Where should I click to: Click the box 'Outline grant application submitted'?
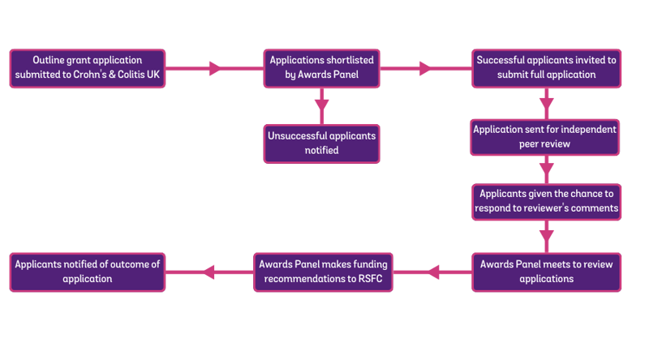[x=88, y=68]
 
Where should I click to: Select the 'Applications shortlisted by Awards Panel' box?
[x=322, y=68]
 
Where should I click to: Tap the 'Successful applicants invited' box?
[x=547, y=68]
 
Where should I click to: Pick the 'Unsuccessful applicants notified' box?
[x=322, y=143]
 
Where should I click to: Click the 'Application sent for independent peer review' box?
[x=546, y=137]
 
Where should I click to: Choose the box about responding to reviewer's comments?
[x=546, y=201]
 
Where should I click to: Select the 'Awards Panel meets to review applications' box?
[x=546, y=271]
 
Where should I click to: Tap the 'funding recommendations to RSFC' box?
[x=323, y=271]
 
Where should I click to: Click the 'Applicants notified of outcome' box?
[x=88, y=271]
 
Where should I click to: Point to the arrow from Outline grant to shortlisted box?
[x=215, y=68]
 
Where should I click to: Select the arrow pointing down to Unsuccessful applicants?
[x=322, y=105]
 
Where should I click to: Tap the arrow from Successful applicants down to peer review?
[x=546, y=103]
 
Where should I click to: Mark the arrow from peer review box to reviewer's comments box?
[x=546, y=169]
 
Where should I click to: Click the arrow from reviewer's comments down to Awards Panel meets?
[x=546, y=236]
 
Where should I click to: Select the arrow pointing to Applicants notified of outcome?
[x=209, y=271]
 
